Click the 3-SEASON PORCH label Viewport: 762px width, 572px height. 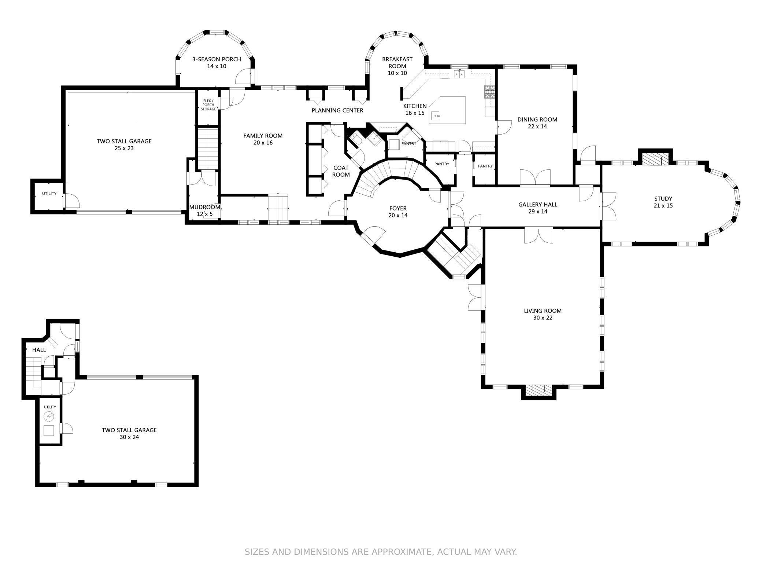click(217, 59)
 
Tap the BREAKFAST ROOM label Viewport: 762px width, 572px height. click(397, 63)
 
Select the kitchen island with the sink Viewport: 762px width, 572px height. click(448, 110)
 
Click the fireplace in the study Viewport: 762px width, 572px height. click(655, 160)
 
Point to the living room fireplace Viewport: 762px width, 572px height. click(538, 389)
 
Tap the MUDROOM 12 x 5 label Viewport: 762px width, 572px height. click(204, 210)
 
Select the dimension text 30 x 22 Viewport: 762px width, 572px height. click(543, 318)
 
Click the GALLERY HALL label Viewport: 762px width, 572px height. click(537, 205)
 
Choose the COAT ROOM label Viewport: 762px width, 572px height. click(341, 171)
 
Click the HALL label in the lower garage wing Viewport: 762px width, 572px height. click(39, 350)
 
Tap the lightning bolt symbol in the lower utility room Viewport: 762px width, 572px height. click(49, 417)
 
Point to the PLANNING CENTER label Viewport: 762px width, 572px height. click(337, 110)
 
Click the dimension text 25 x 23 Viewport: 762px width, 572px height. click(124, 148)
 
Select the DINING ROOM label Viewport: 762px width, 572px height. click(537, 120)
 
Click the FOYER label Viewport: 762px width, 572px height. click(397, 209)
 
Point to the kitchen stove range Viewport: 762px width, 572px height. click(490, 92)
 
